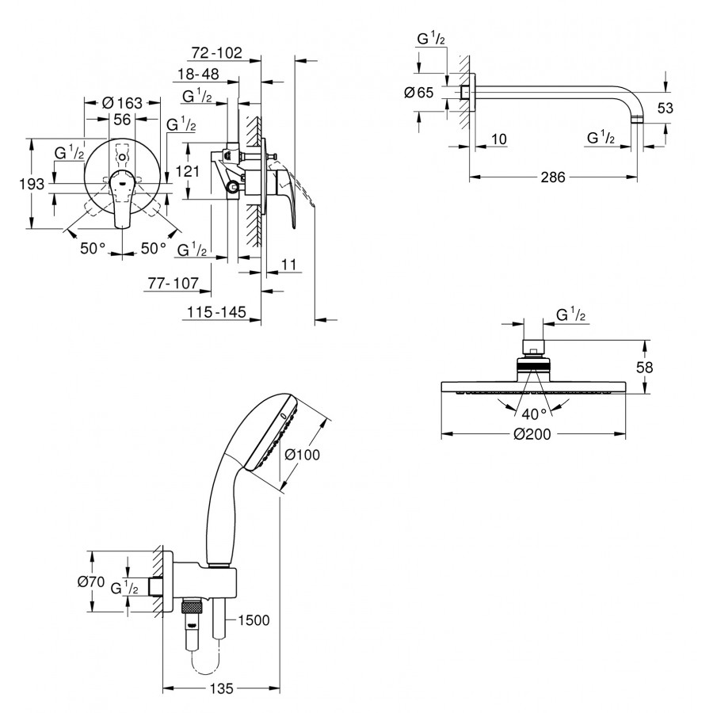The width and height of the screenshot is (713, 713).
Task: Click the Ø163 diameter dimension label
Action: (122, 103)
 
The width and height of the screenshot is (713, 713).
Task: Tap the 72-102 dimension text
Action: (216, 54)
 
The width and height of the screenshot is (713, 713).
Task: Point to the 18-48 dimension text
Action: (198, 74)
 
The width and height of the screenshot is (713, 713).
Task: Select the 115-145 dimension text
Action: (213, 312)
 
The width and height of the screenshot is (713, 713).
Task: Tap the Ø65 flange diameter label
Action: (418, 93)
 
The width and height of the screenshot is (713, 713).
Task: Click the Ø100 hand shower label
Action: (300, 455)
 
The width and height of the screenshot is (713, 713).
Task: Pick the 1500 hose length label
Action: (254, 620)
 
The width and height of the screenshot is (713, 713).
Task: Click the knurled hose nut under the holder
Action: (193, 609)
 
